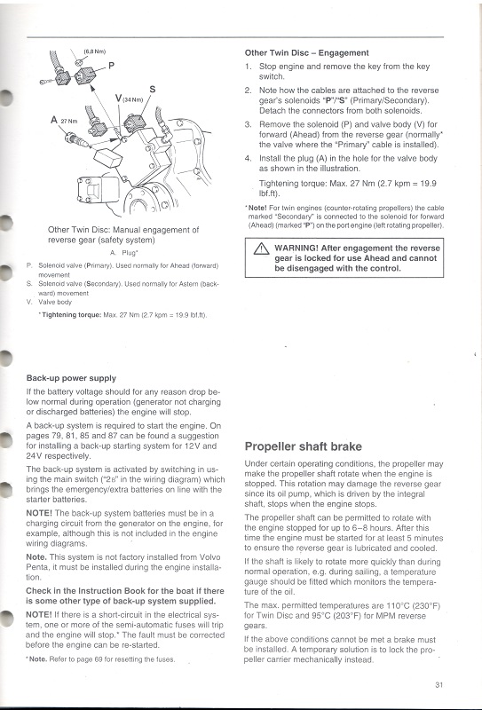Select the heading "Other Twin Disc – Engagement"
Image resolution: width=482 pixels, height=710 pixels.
pyautogui.click(x=306, y=52)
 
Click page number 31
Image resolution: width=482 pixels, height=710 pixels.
pyautogui.click(x=439, y=683)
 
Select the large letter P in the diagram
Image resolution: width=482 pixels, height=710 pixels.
pyautogui.click(x=111, y=65)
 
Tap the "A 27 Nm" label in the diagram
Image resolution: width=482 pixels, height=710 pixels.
pyautogui.click(x=65, y=119)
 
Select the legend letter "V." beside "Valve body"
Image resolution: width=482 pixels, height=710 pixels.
pyautogui.click(x=31, y=301)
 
